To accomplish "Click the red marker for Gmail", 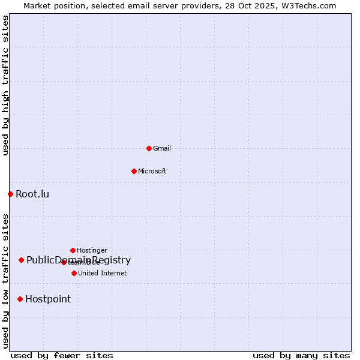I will pos(149,148).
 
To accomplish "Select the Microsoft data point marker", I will pos(134,171).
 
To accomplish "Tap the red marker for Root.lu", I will pos(10,194).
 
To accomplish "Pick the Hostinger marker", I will pos(73,250).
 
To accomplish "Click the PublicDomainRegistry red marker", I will pos(21,260).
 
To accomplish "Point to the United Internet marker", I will pos(74,273).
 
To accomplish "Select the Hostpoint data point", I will pos(20,299).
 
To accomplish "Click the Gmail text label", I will pos(162,148).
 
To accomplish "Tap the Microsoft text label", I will pos(152,171).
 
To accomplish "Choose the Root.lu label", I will pos(32,194).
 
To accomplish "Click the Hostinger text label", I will pos(92,250).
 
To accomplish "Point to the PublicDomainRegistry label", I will pos(79,260).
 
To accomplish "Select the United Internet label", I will pos(103,273).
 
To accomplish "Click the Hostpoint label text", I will pos(48,299).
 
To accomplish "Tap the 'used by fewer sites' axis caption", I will pos(62,355).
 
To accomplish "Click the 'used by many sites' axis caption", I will pos(301,355).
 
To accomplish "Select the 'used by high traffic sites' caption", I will pos(5,85).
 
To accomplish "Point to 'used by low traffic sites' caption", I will pos(5,281).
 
